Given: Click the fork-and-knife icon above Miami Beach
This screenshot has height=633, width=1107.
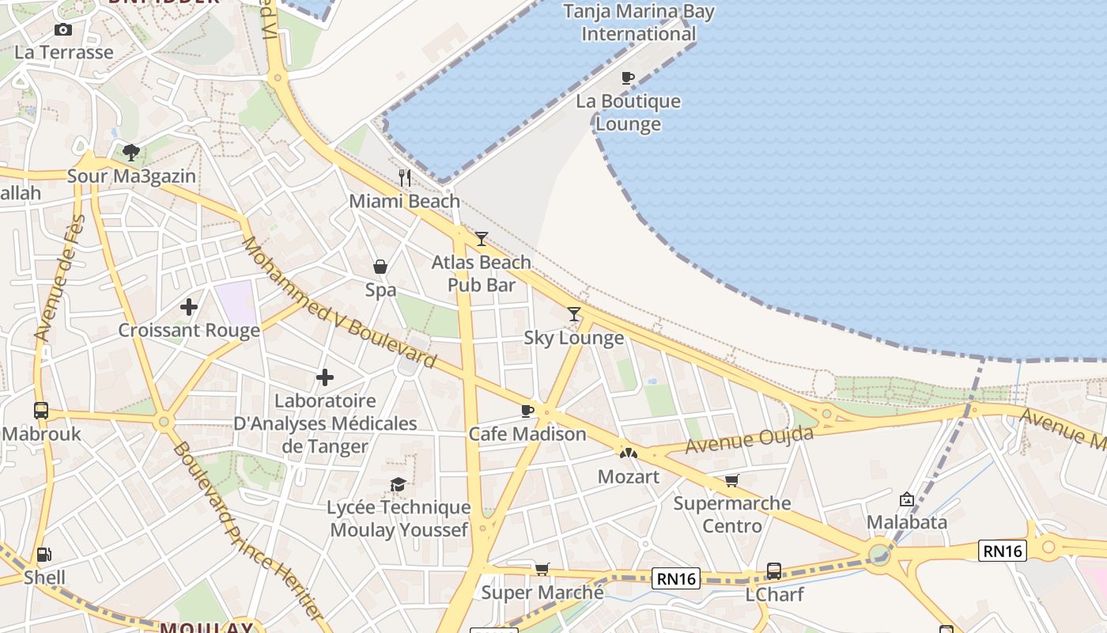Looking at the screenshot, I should (405, 177).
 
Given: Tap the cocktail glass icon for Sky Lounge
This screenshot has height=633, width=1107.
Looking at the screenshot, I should (574, 314).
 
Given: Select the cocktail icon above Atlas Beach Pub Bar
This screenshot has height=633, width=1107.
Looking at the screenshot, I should (482, 238).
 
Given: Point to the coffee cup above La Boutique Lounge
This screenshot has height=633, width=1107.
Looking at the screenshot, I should (628, 78).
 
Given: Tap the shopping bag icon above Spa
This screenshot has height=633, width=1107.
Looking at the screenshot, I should (380, 267).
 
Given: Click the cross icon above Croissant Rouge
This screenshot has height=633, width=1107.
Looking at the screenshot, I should (189, 307).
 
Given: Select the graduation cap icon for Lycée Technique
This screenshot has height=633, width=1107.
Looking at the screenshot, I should (398, 483).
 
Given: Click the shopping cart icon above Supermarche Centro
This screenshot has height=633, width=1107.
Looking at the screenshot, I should (732, 480).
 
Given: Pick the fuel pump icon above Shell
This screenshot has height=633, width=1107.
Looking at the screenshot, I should (44, 555).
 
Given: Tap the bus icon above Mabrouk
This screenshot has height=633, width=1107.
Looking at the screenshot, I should (41, 411).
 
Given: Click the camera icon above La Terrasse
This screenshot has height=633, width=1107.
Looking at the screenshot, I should (63, 30).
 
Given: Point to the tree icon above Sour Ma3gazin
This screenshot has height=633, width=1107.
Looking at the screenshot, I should (131, 152).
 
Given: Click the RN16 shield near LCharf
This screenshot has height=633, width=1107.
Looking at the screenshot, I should (677, 578).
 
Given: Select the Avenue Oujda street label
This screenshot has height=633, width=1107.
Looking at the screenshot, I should (748, 440).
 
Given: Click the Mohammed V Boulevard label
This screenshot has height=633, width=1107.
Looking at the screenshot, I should (338, 304).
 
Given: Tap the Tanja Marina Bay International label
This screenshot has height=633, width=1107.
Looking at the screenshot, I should (638, 23).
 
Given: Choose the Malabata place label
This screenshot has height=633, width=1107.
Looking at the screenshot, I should (906, 522).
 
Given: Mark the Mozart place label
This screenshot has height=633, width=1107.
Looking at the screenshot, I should (629, 476).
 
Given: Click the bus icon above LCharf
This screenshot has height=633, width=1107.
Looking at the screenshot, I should (774, 570).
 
